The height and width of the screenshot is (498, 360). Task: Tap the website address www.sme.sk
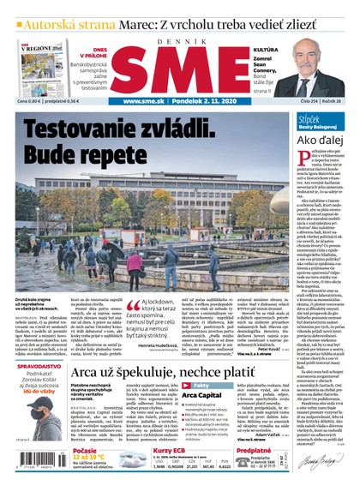coord(137,101)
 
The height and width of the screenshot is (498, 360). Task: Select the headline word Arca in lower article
coord(90,375)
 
